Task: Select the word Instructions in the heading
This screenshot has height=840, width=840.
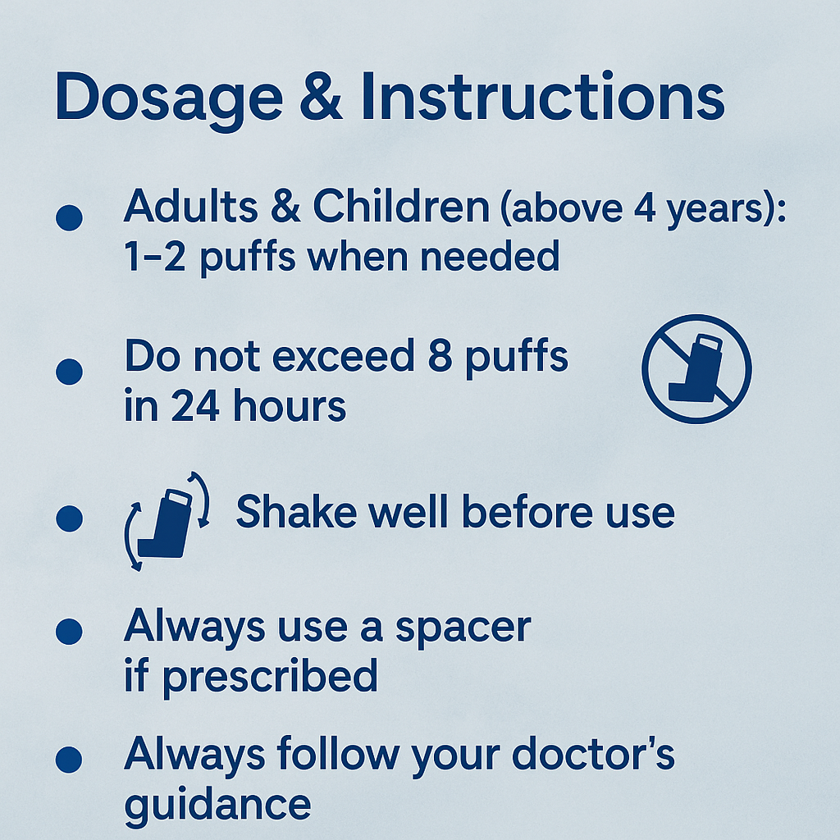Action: (543, 96)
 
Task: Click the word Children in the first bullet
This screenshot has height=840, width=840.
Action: (401, 206)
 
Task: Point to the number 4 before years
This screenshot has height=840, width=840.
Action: (645, 208)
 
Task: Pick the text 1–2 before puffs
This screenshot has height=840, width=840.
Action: (155, 256)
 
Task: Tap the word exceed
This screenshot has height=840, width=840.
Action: (343, 356)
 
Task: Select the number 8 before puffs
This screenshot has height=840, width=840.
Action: (440, 355)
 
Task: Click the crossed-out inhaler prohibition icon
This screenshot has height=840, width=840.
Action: (696, 368)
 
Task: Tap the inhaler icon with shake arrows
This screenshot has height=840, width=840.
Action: (167, 521)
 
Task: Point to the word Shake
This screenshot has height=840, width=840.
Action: (296, 512)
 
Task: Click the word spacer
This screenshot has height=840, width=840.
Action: (463, 628)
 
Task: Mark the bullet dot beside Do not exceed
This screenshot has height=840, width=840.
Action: (69, 372)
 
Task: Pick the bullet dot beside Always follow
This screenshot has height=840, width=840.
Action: (69, 759)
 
